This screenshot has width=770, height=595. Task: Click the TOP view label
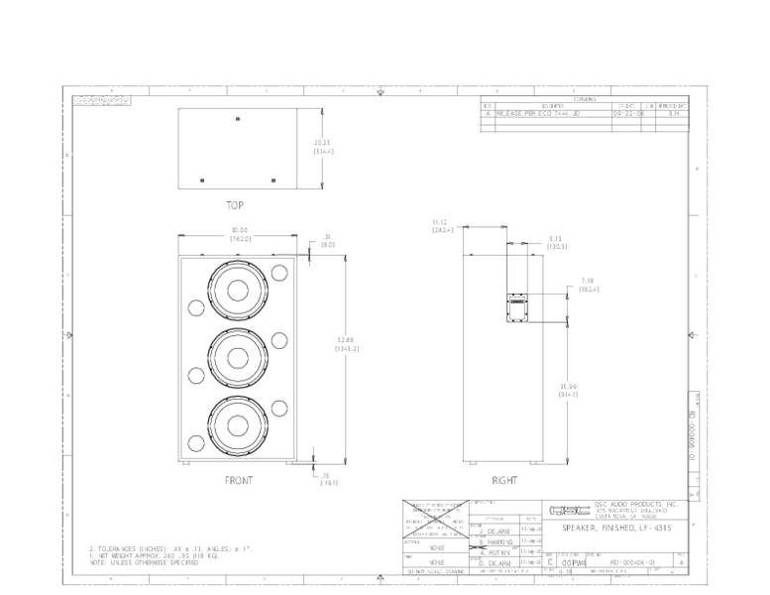coord(235,205)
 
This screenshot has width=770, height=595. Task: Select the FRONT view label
coord(238,480)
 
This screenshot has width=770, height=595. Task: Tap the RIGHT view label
coord(504,480)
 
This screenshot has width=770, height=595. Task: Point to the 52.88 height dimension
coord(346,343)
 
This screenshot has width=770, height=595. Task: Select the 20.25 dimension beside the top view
coord(323,146)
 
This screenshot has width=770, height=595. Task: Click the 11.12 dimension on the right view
coord(442,225)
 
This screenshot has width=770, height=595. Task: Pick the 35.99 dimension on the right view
coord(567,389)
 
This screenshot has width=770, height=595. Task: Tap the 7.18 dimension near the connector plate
coord(588,285)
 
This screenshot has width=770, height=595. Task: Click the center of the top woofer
coord(238,291)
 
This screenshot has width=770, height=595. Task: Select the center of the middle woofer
coord(238,358)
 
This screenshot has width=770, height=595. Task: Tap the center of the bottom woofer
coord(238,424)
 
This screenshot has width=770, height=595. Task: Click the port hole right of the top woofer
coord(278,272)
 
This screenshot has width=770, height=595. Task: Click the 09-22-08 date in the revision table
coord(627,114)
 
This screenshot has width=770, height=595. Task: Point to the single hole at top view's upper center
coord(237,120)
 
